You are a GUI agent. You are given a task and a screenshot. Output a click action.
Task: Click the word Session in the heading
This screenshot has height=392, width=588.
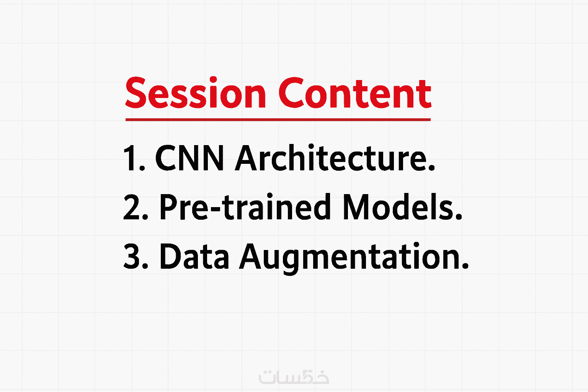point(196,92)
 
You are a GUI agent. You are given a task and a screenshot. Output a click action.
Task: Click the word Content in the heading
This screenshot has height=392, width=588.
point(355,93)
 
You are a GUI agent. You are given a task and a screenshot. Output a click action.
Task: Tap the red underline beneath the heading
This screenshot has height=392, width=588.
point(278,120)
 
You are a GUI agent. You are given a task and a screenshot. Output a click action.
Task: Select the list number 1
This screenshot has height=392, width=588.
point(134,158)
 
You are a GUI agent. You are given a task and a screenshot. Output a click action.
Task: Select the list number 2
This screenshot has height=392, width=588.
point(136,207)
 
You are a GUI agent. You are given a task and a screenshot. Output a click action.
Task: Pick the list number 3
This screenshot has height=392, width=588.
point(136,256)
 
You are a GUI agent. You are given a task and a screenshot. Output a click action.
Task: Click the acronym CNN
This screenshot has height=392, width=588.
point(189,158)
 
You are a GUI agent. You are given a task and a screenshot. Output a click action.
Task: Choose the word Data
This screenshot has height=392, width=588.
point(194,256)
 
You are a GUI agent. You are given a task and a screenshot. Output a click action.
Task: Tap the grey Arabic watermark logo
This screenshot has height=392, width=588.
point(294,377)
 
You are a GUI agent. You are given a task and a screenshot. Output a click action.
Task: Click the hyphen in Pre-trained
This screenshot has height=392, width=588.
point(217,210)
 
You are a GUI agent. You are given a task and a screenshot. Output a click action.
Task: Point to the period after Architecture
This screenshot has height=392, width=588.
point(431,168)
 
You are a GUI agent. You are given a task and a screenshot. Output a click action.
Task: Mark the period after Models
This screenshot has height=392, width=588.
point(459,217)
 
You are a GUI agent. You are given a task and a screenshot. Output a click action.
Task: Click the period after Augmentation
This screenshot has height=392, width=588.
point(465,266)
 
